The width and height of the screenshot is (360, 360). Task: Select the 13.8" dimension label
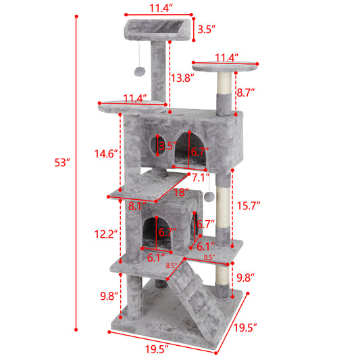click(x=182, y=78)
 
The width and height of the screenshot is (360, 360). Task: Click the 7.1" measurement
click(x=200, y=178)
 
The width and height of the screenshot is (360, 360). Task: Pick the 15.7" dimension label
click(x=250, y=204)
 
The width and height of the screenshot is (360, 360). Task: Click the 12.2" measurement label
click(x=107, y=234)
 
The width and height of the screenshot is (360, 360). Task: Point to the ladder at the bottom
click(x=196, y=297)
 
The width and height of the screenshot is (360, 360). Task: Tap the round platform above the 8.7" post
click(x=226, y=66)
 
